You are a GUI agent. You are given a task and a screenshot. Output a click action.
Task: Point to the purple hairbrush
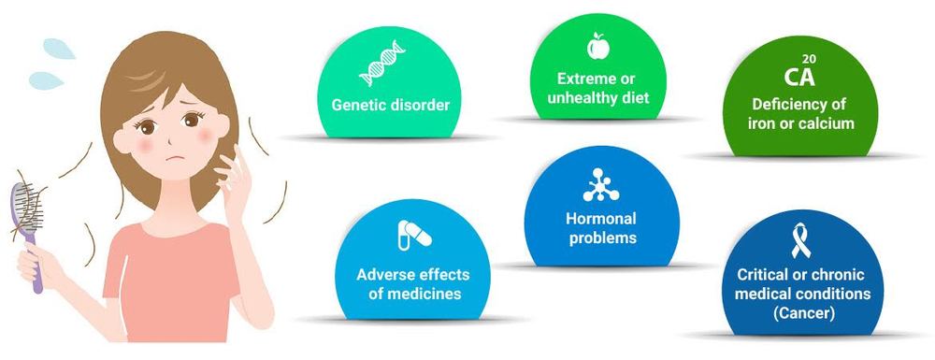click(23, 214)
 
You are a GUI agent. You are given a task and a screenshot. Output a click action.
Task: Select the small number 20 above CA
click(812, 59)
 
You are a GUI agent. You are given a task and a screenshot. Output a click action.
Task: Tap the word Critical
click(762, 274)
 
